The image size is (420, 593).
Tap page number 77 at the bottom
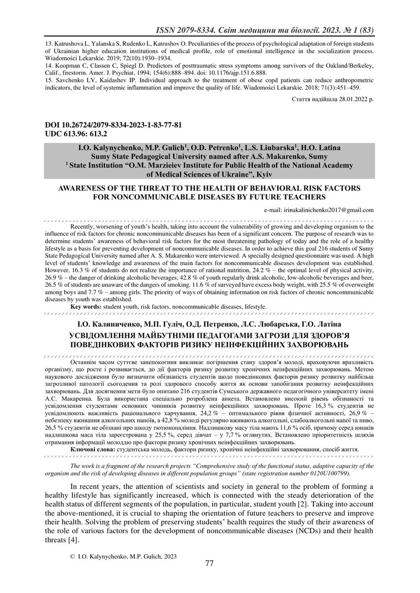(209, 563)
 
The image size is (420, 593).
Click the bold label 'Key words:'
(87, 306)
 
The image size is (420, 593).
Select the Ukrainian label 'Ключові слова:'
(93, 449)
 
